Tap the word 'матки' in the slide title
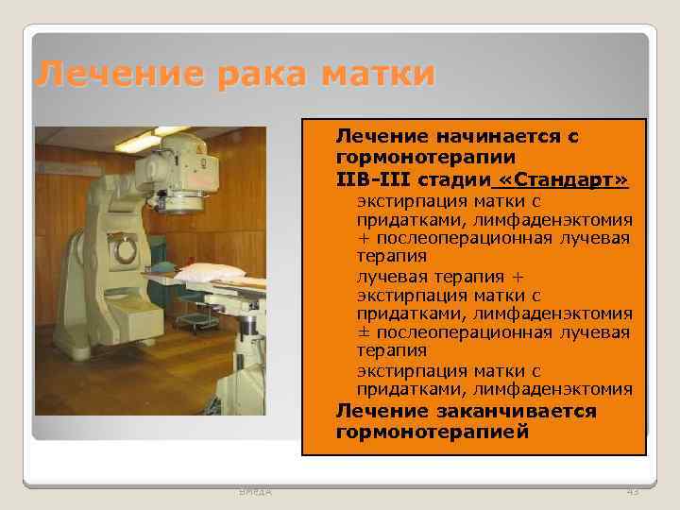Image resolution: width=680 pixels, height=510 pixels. (377, 74)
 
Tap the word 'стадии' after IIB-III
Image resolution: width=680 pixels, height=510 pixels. (452, 178)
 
